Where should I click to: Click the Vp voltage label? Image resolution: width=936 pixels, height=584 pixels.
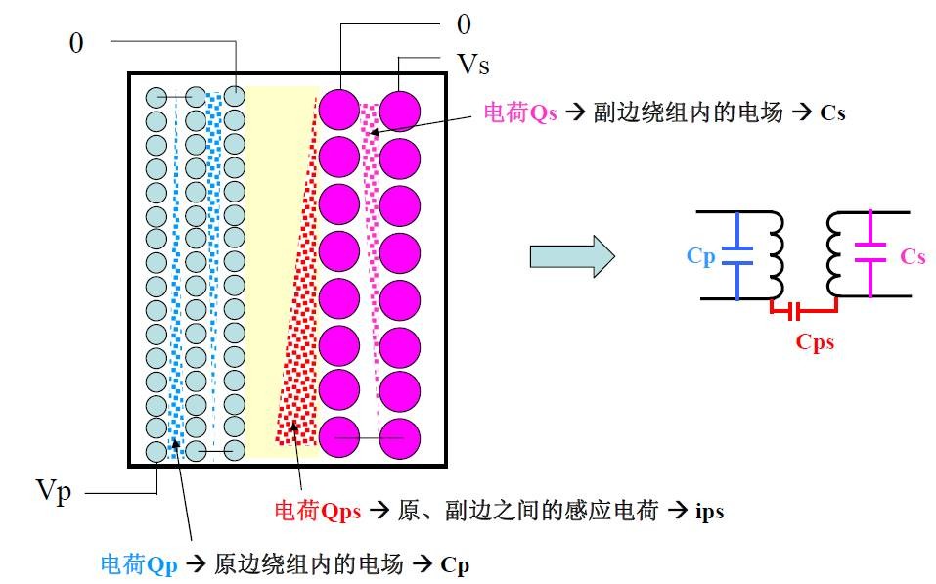point(55,492)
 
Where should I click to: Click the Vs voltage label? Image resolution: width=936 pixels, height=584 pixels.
point(473,66)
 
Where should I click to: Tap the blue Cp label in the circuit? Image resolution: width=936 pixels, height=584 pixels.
point(700,256)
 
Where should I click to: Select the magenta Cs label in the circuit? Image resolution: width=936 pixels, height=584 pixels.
point(913,256)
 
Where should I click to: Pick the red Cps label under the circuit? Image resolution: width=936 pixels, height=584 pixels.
point(815,342)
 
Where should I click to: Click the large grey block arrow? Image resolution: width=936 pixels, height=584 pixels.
point(571,257)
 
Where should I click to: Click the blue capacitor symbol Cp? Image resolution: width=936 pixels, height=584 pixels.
point(738,256)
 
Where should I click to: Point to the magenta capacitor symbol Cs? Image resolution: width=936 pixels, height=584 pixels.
point(870,256)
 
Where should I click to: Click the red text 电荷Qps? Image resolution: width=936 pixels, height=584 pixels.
point(317,511)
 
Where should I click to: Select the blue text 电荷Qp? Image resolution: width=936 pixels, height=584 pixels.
point(137,563)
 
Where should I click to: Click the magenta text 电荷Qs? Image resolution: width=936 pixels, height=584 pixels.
point(520,113)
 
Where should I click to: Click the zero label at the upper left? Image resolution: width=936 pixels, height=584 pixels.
point(76,43)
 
